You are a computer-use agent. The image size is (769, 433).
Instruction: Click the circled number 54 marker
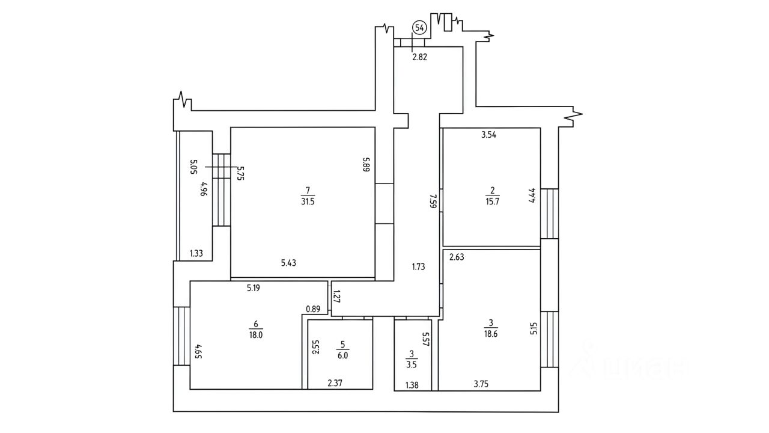419,28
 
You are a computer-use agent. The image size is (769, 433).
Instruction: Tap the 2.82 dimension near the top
419,57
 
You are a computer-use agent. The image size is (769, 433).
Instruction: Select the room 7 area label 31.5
308,201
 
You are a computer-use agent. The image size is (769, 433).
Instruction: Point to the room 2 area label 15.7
492,201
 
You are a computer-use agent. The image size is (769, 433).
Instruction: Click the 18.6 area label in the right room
491,334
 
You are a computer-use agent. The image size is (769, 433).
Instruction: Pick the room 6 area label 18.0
256,335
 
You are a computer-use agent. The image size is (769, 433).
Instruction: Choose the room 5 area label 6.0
342,355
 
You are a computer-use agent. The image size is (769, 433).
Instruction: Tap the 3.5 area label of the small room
412,364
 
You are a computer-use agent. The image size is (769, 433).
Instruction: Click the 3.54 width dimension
488,135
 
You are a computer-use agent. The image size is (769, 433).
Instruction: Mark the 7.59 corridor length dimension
433,201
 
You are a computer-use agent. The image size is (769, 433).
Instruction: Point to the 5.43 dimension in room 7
288,263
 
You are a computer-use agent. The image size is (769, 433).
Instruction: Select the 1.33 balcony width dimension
196,254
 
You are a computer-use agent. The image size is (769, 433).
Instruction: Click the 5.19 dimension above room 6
254,288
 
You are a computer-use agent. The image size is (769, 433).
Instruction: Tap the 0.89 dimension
313,309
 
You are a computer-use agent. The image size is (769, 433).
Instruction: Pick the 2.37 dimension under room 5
335,383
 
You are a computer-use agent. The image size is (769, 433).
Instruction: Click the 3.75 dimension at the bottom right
481,384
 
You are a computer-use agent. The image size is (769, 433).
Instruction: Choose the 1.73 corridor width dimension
419,266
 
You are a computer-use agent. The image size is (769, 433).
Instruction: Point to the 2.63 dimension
457,257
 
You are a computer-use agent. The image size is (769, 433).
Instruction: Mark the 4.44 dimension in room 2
532,195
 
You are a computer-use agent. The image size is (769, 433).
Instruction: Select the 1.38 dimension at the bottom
412,385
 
